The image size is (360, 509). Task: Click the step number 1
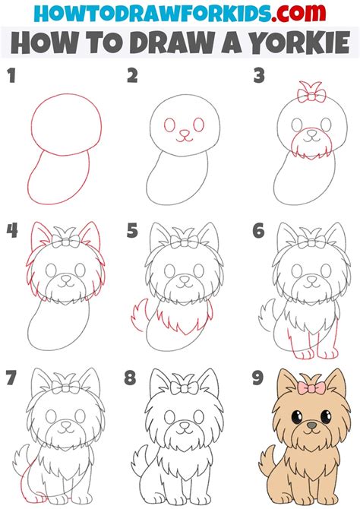pyautogui.click(x=11, y=76)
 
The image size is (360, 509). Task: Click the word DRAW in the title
pyautogui.click(x=166, y=43)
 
